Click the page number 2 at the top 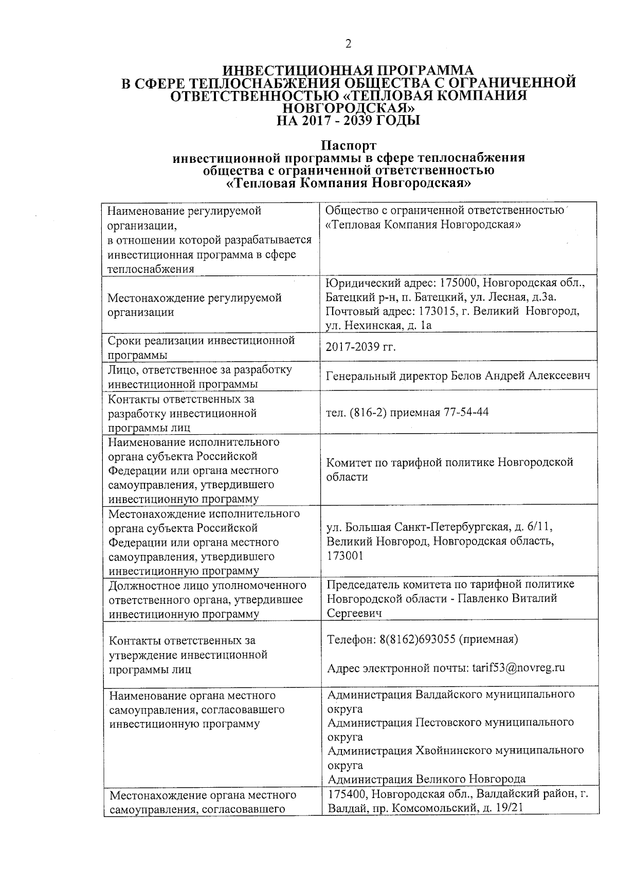point(348,44)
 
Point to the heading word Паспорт point(349,146)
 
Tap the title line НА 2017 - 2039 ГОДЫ point(348,121)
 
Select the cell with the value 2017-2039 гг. point(361,347)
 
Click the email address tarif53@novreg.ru point(518,668)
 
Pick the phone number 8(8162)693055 point(417,639)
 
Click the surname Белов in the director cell point(466,376)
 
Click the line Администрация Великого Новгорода point(426,778)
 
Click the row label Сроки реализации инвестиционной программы point(201,347)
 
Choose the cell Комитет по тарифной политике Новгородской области point(449,469)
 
